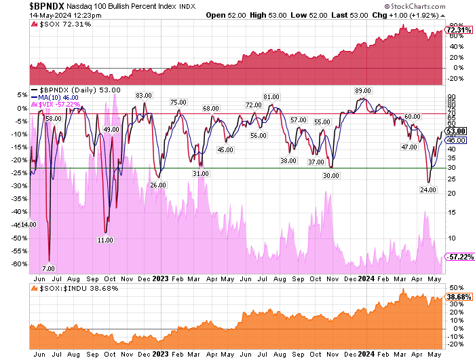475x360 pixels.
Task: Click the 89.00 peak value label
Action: tap(363, 91)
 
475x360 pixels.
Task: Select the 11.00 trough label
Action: tap(105, 240)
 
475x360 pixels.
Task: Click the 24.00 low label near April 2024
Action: tap(428, 190)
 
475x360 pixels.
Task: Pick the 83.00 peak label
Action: tap(143, 96)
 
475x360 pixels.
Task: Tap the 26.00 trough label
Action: tap(158, 185)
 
